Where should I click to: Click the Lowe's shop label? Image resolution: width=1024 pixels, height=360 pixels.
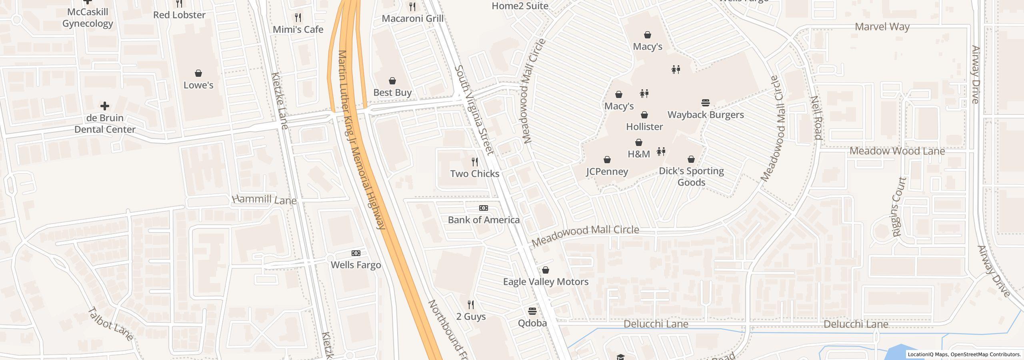198,85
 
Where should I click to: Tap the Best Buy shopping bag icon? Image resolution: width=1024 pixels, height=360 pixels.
392,81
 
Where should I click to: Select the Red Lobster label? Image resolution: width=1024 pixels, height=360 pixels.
179,15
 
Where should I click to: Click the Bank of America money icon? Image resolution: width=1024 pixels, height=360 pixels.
484,208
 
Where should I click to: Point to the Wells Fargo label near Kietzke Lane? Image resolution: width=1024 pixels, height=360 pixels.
356,265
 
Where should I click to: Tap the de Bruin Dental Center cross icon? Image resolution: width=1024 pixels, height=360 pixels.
105,106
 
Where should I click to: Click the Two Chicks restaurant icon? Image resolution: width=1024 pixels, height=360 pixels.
475,162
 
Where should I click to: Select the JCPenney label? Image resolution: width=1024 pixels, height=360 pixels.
607,172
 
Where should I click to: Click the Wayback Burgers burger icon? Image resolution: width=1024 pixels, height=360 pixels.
706,103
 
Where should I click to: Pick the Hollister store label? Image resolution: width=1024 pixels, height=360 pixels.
644,127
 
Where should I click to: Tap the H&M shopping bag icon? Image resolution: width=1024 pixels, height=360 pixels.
639,142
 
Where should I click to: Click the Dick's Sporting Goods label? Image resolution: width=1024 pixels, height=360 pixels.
691,176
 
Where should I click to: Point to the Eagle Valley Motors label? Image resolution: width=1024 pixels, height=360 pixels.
546,282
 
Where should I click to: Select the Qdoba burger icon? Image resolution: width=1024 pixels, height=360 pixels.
532,311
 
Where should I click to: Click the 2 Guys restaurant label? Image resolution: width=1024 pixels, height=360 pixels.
471,316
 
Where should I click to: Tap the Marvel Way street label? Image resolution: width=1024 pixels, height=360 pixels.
882,27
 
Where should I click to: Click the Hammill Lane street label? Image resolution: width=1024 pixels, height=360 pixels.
264,199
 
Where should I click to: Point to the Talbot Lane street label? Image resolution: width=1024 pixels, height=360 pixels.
110,324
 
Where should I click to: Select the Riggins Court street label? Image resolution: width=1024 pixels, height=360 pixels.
898,207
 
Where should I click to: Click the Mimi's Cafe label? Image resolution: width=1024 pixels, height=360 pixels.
298,30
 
